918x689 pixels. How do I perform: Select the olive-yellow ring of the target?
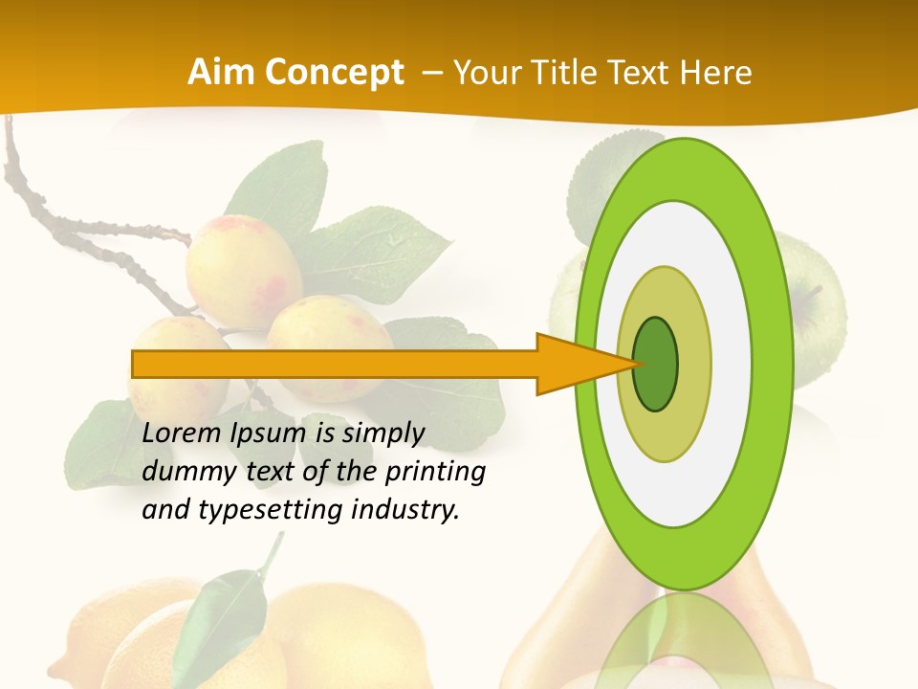(692, 364)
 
